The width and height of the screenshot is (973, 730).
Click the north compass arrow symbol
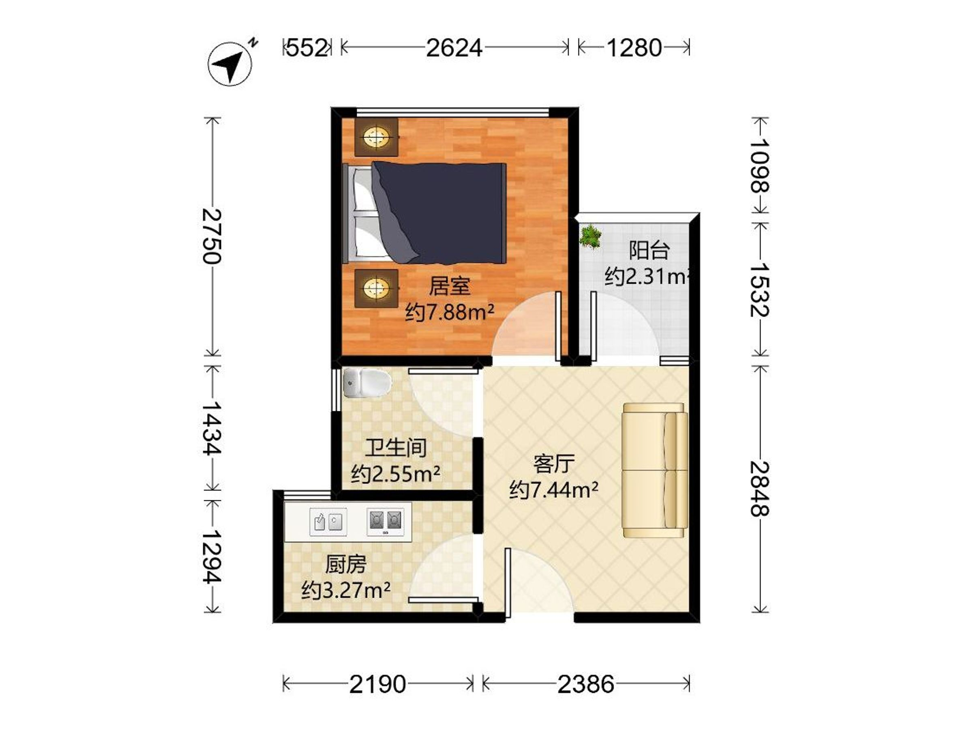229,63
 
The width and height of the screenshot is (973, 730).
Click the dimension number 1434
212,428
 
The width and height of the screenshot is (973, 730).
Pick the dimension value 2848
760,488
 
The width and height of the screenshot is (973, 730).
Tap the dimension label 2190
377,684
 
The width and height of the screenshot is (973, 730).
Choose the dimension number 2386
586,684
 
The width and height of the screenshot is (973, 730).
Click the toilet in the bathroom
367,383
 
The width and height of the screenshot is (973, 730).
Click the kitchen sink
328,522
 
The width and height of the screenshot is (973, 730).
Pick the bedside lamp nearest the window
377,137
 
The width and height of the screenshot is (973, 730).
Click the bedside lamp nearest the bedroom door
377,289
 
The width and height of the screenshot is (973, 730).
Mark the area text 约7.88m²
450,312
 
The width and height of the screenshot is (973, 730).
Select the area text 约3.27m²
346,590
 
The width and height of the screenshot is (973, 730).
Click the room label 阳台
649,250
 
